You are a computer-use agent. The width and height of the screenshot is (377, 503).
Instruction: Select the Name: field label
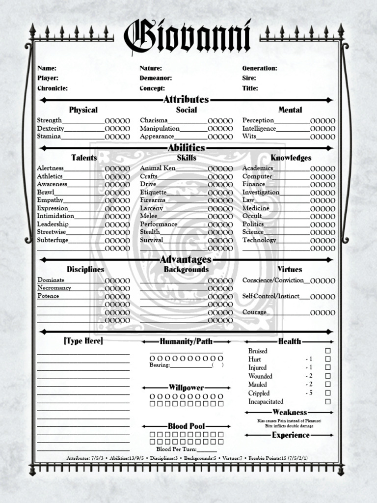pos(47,68)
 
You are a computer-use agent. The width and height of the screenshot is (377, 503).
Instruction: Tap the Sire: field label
pos(249,78)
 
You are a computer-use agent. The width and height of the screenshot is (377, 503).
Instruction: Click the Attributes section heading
pos(186,100)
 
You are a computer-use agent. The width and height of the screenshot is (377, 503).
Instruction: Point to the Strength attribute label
pos(49,120)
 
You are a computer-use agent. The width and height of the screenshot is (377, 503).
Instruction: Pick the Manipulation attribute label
pos(159,128)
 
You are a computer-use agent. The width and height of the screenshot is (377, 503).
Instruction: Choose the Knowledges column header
pos(291,158)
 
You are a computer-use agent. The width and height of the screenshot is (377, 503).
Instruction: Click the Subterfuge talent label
pos(53,240)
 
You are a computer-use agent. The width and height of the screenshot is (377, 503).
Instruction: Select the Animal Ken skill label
pos(158,168)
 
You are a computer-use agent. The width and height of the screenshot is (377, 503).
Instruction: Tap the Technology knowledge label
pos(259,240)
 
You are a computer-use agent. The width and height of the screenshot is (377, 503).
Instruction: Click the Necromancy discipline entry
pos(54,288)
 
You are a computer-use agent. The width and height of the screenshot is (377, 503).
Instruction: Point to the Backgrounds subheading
pos(186,269)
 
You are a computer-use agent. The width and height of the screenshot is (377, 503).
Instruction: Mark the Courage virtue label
pos(254,312)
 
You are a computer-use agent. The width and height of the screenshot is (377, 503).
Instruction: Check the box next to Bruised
pos(328,351)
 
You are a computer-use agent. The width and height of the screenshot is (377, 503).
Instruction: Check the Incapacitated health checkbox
pos(328,401)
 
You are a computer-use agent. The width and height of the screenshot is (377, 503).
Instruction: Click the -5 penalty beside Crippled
pos(309,393)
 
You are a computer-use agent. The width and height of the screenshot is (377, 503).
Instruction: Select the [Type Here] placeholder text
pos(83,341)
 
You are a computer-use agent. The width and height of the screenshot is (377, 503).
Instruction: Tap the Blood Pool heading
pos(186,426)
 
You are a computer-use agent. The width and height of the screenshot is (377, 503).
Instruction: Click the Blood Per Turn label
pos(176,449)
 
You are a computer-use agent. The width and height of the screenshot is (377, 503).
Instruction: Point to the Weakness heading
pos(290,412)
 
